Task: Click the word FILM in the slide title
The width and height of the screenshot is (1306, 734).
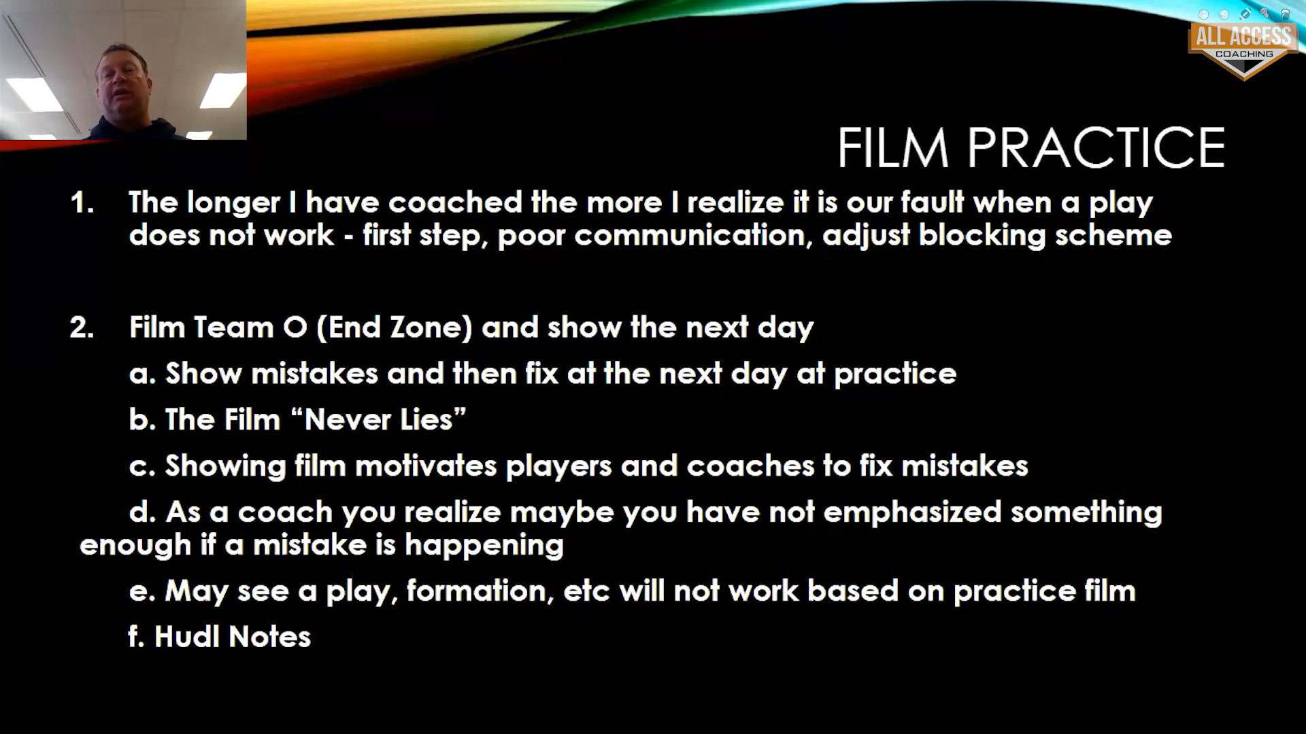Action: point(893,147)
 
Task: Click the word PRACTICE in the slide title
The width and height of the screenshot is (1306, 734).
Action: point(1096,147)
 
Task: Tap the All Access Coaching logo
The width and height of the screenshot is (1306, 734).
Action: point(1243,49)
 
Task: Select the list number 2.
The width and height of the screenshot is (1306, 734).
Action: point(82,328)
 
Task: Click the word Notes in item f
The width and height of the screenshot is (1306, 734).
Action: point(270,637)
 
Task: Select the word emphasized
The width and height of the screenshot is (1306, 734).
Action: point(912,512)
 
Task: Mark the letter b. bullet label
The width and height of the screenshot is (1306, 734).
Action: point(143,420)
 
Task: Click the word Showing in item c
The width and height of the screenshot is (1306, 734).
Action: point(226,467)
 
